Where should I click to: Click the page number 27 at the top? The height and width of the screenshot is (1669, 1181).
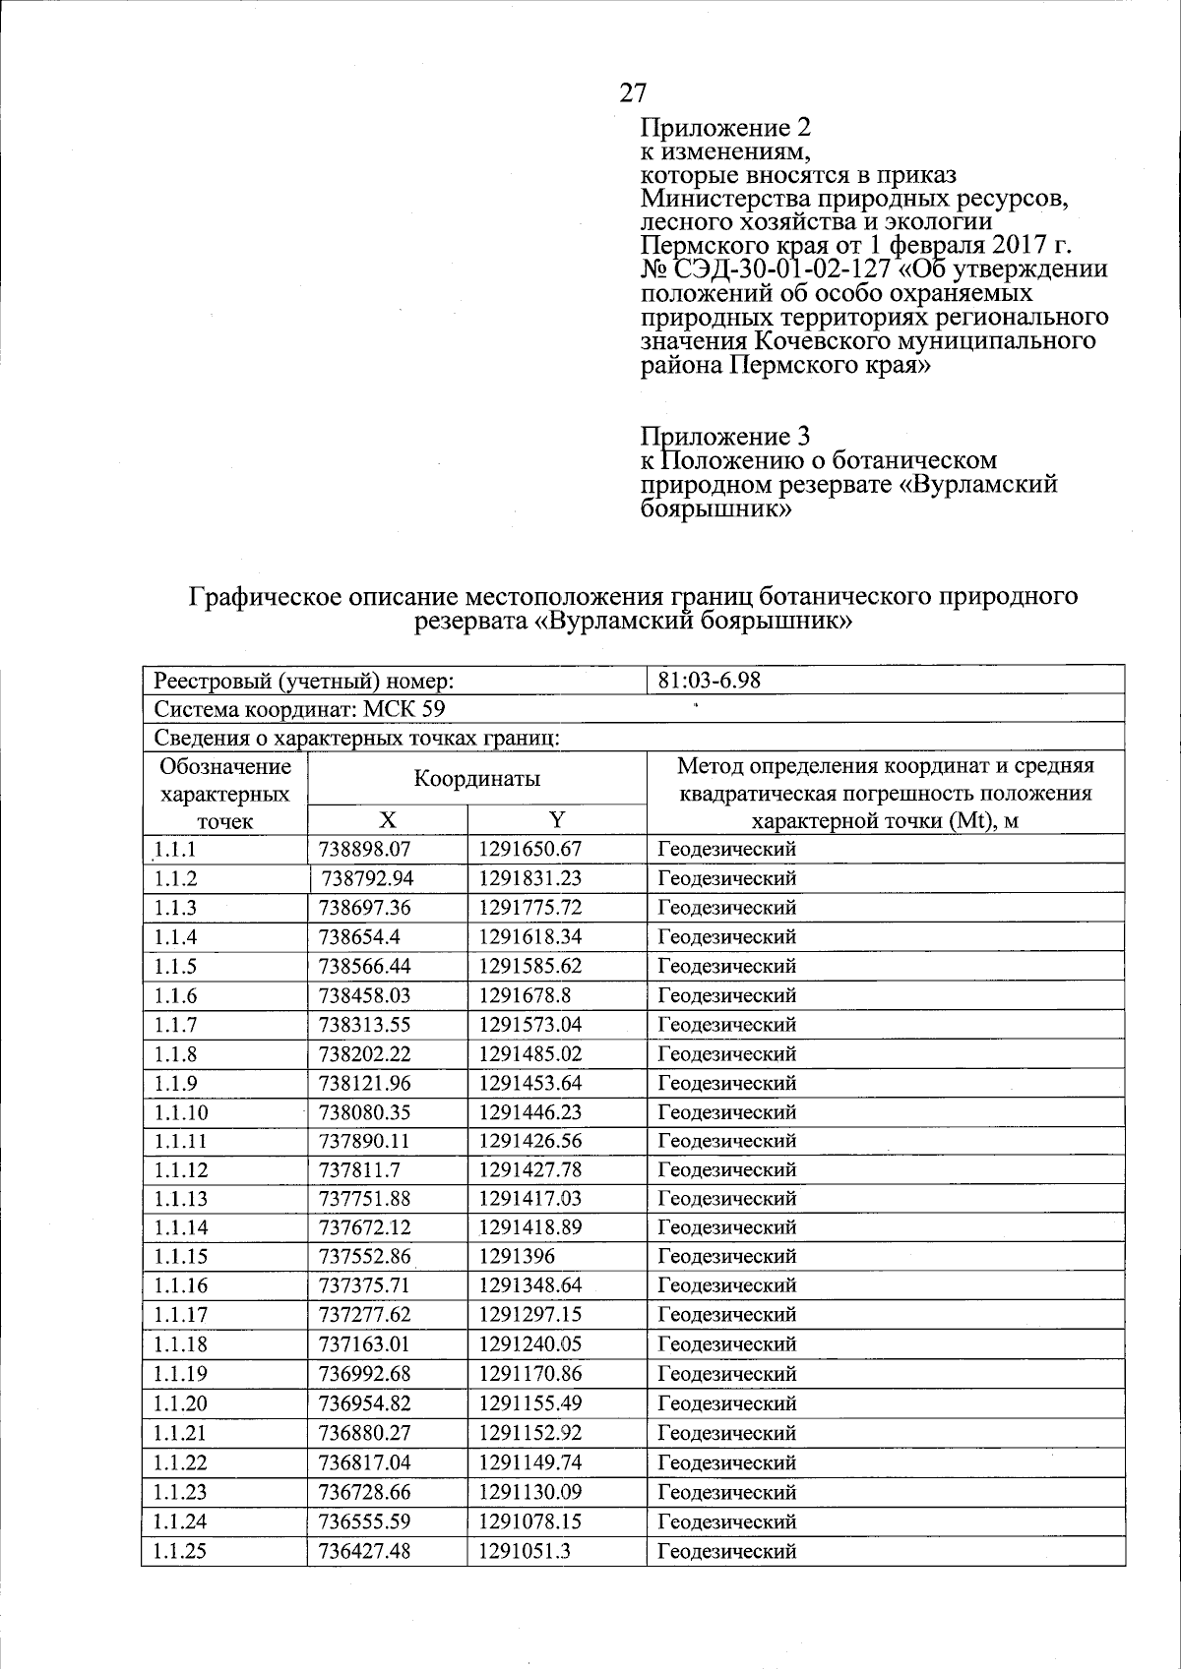(x=634, y=92)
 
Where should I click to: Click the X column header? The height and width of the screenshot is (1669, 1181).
(x=388, y=820)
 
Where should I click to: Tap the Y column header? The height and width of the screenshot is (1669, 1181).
(x=557, y=820)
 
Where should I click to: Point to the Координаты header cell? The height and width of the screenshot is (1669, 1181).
(x=476, y=779)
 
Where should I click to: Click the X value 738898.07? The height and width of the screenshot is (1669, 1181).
(x=364, y=849)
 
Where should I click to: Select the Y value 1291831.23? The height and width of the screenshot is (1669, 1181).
(x=530, y=878)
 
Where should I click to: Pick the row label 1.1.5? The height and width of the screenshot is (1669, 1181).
(x=175, y=966)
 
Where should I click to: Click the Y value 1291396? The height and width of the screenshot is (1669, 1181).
(x=518, y=1256)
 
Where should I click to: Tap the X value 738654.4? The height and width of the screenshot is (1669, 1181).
(x=358, y=936)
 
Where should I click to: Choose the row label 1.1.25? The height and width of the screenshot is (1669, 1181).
(x=180, y=1551)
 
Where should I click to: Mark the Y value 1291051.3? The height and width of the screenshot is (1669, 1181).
(x=525, y=1551)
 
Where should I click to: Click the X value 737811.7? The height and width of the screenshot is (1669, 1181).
(x=358, y=1169)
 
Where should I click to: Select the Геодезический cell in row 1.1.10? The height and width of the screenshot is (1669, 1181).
(x=726, y=1112)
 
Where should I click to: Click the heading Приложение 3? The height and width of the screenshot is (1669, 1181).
(x=725, y=436)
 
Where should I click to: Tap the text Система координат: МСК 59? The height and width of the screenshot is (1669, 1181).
(x=304, y=709)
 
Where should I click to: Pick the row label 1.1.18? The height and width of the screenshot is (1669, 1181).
(x=180, y=1344)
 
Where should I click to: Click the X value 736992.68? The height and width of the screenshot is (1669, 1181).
(x=364, y=1374)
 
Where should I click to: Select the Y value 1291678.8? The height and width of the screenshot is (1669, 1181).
(x=525, y=995)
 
